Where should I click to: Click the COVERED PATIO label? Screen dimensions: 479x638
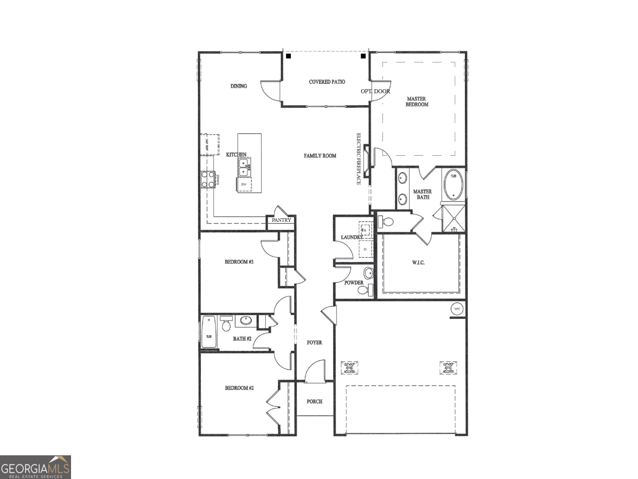327,82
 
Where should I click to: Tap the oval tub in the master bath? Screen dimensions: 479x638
453,186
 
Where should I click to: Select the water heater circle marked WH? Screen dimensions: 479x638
457,309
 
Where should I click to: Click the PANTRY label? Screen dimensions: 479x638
281,220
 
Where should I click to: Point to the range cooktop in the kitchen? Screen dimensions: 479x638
207,180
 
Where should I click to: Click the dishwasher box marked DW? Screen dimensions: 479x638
244,184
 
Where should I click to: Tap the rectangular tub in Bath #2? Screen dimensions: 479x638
209,332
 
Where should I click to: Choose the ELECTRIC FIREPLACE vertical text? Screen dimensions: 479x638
359,159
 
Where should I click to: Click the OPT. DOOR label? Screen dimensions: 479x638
375,91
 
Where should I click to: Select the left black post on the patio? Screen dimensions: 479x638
288,56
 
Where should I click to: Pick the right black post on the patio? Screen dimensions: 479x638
363,56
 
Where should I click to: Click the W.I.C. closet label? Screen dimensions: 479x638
418,263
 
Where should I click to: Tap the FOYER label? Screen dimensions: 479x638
314,342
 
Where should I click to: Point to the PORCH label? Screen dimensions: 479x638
314,401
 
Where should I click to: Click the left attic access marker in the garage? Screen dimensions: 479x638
350,368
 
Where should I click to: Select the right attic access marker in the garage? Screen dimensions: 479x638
448,368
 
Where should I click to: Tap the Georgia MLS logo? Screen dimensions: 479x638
35,467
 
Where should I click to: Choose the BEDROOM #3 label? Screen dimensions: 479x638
239,262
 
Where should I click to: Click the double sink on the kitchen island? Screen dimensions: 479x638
244,167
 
